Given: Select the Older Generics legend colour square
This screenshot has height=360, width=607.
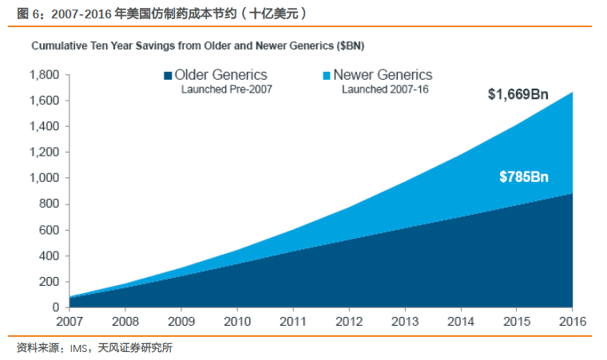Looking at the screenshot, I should click(x=168, y=76).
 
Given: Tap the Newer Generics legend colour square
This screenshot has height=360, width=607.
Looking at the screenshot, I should click(x=326, y=76).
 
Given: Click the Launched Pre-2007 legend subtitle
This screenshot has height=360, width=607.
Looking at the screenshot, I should click(x=228, y=90).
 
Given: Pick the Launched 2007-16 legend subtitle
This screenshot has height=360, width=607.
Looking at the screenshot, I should click(x=385, y=90).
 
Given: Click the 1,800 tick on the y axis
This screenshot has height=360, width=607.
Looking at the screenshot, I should click(x=43, y=75).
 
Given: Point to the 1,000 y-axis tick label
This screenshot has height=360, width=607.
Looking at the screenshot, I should click(x=43, y=179).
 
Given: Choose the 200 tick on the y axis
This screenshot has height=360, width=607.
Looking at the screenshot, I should click(x=48, y=282).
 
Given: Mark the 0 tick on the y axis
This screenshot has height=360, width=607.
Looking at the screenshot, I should click(x=55, y=307).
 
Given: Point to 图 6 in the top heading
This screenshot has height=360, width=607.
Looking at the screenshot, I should click(x=27, y=14).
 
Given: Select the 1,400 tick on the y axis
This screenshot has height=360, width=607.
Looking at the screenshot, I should click(x=43, y=127).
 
